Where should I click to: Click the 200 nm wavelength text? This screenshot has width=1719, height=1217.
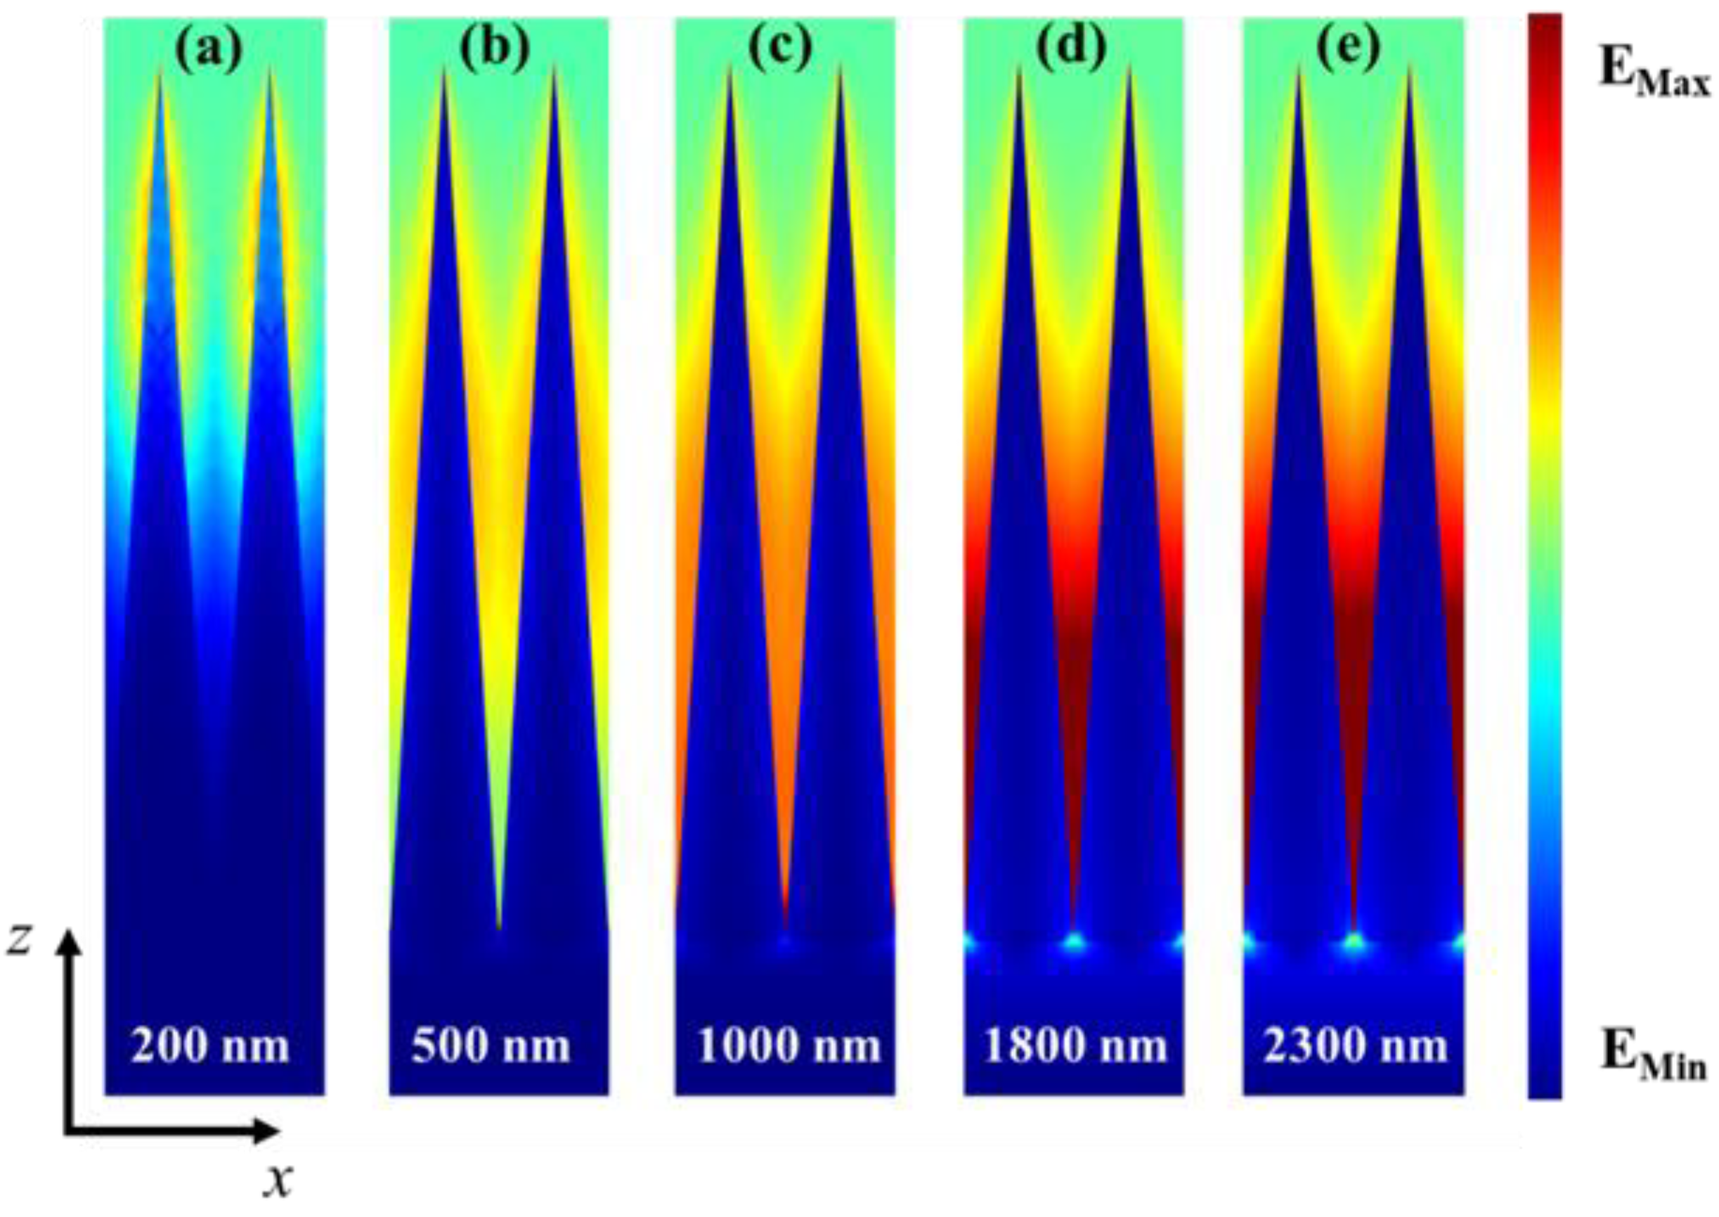click(x=210, y=1045)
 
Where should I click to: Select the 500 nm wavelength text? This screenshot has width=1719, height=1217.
click(x=491, y=1045)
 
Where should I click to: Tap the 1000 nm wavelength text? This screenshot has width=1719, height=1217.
click(x=789, y=1045)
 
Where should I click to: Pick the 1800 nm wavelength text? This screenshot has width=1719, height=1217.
click(x=1075, y=1045)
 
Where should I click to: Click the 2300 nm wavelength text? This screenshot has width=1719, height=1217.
click(x=1356, y=1045)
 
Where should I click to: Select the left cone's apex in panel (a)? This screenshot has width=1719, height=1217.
click(x=160, y=69)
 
